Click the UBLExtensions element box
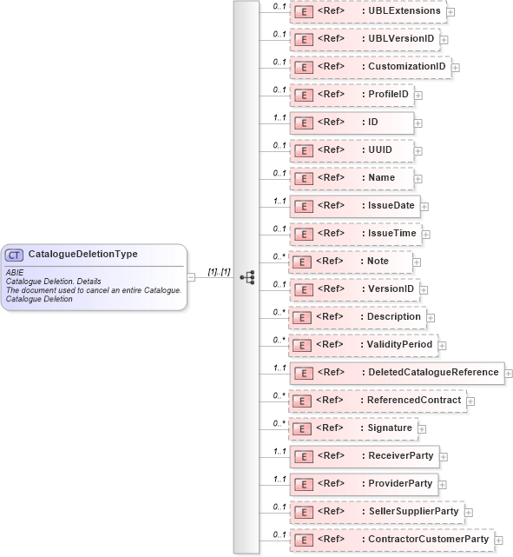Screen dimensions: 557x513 point(368,11)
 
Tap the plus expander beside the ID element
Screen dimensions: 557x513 point(418,123)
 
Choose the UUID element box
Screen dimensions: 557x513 point(351,149)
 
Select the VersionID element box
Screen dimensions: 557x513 point(355,288)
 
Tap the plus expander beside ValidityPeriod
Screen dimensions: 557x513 point(442,345)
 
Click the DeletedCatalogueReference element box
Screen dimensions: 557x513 point(396,372)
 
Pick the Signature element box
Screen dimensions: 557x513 point(353,428)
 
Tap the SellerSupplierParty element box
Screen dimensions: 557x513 point(377,511)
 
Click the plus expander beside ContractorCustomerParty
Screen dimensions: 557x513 point(498,540)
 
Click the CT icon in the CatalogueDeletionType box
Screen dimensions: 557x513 point(15,255)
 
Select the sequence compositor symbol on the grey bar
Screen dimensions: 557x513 point(247,277)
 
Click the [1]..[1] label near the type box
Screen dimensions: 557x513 point(219,272)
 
